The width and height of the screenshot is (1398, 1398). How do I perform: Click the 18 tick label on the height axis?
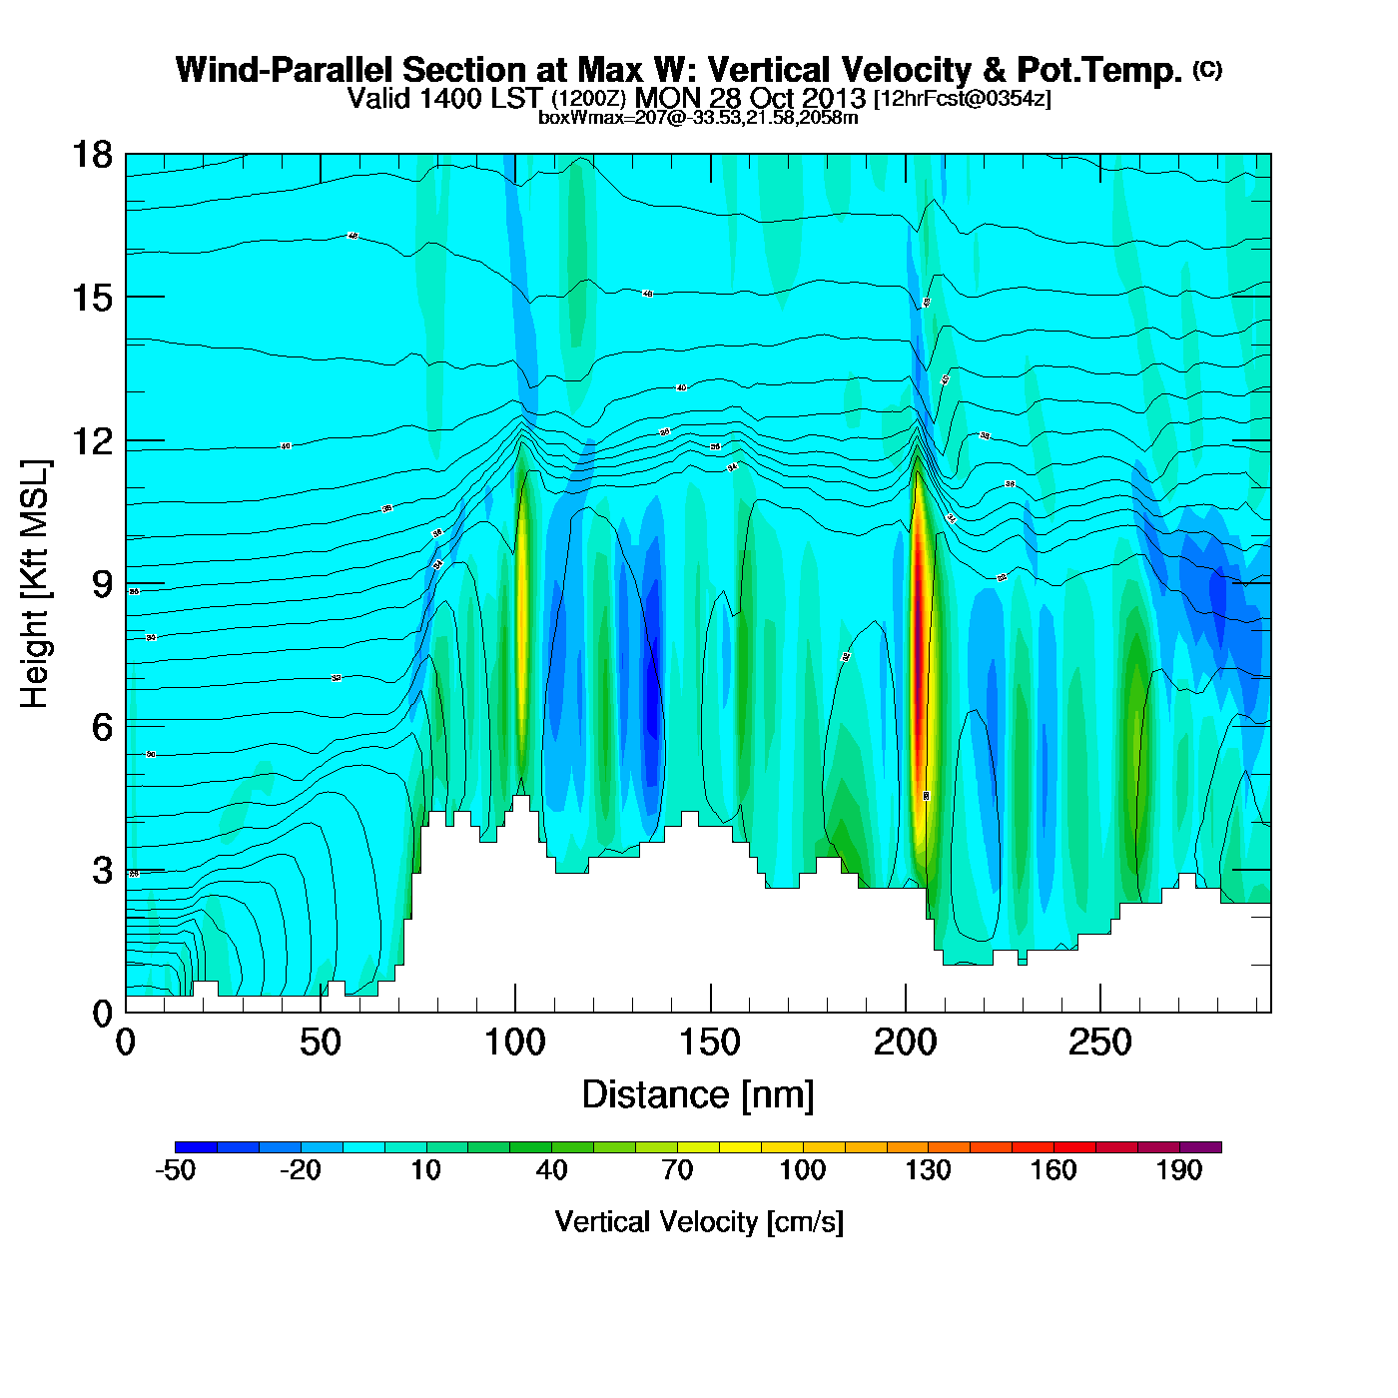pos(91,155)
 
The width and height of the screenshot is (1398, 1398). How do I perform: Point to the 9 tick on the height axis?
pos(126,584)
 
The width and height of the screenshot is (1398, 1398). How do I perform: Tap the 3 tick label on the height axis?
pos(102,870)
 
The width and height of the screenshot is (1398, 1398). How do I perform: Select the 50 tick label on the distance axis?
pos(320,1044)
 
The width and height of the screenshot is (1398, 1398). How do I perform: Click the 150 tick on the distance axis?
pos(710,1011)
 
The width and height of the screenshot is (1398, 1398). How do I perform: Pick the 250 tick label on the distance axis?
pos(1099,1044)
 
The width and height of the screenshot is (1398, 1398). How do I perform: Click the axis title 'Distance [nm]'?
pos(698,1095)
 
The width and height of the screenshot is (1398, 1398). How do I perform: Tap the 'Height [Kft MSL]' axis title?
pos(35,584)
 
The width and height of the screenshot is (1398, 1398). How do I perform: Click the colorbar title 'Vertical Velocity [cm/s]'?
pos(699,1222)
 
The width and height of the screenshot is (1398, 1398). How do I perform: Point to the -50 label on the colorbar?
pos(175,1170)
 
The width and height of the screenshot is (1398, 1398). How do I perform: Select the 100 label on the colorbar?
pos(802,1170)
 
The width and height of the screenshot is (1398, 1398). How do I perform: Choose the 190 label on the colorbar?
pos(1179,1170)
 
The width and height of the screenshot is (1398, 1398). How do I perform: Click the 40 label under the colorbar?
pos(551,1170)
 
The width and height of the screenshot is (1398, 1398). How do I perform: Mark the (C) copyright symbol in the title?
pos(1207,69)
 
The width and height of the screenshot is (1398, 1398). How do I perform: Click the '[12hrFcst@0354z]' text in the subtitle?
pos(962,99)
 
